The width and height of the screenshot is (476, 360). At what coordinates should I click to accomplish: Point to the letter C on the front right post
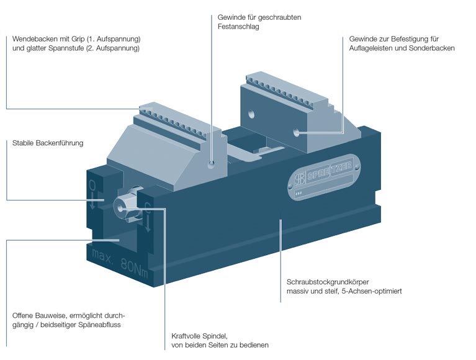click(148, 212)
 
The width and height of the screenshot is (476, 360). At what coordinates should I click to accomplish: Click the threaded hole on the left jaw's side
click(212, 164)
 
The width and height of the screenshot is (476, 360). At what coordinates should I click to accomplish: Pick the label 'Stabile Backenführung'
click(48, 143)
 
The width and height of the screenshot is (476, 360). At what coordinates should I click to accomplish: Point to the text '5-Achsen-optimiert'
click(370, 290)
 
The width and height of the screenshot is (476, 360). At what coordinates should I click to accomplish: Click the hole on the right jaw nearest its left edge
click(252, 114)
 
